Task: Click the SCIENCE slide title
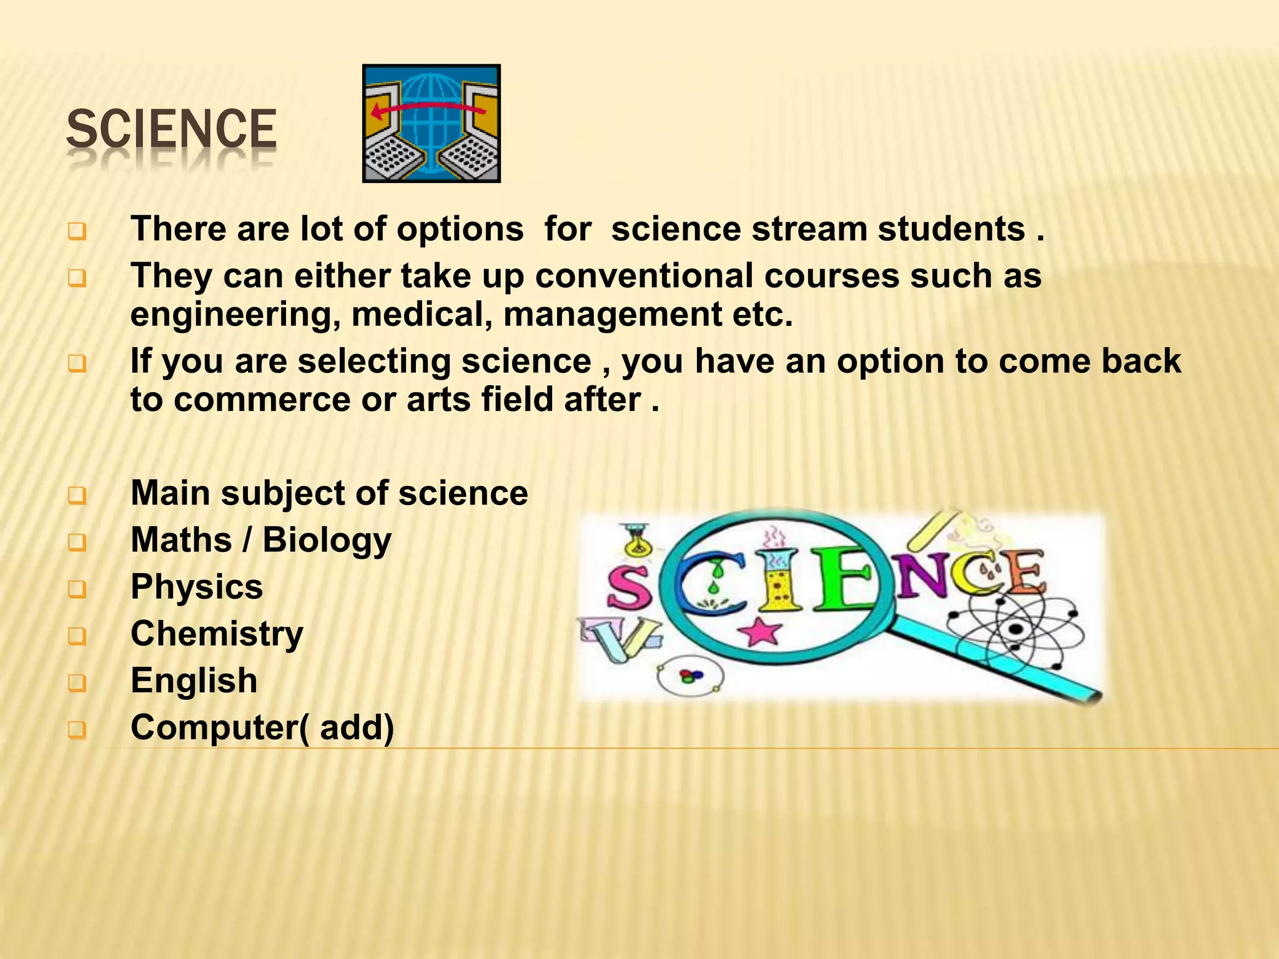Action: pos(171,129)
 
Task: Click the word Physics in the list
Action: pos(197,587)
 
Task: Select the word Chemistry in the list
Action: pos(217,634)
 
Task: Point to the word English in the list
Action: pos(194,681)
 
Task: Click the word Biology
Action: pos(327,541)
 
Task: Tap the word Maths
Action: pos(181,540)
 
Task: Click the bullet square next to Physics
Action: pos(77,589)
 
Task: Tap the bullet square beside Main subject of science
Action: pos(77,495)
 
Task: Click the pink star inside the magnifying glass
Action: pos(759,631)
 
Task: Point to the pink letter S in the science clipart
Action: pos(628,589)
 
